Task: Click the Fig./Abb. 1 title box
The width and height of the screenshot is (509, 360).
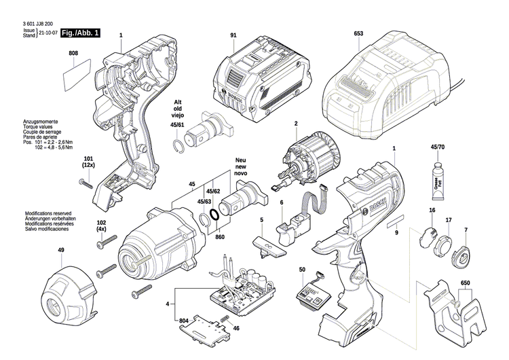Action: pyautogui.click(x=80, y=33)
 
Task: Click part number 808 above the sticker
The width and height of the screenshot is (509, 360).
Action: pyautogui.click(x=73, y=53)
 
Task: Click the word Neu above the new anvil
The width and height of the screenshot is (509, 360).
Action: pyautogui.click(x=240, y=160)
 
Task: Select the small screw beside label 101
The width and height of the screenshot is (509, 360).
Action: pyautogui.click(x=88, y=182)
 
